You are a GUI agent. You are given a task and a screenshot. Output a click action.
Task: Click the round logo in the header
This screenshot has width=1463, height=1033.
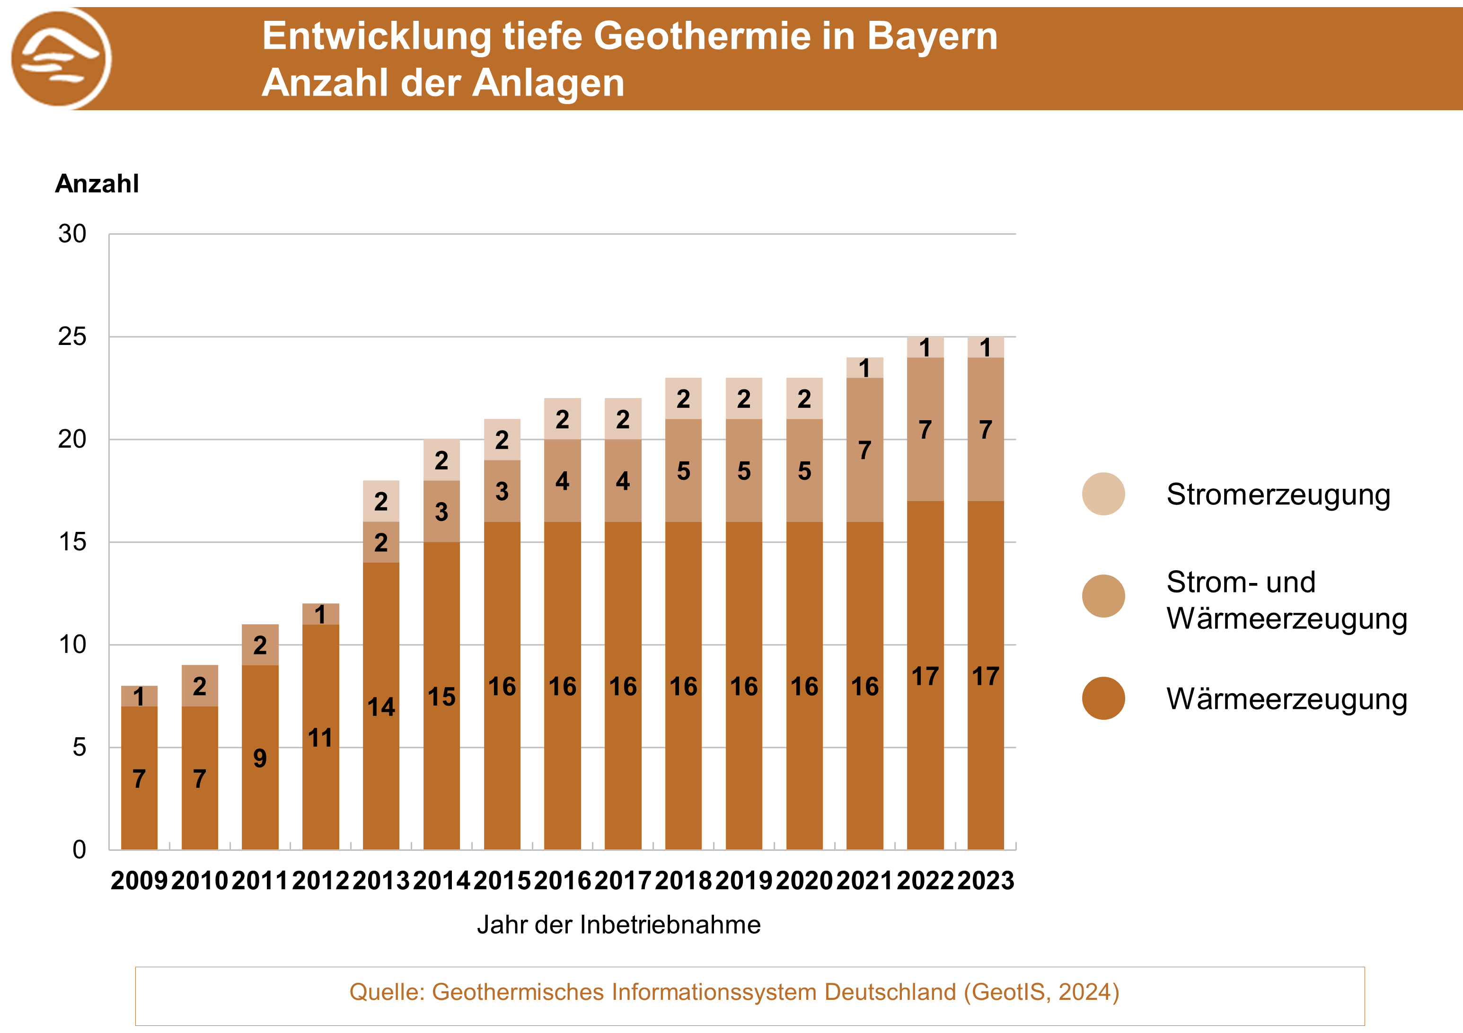click(61, 59)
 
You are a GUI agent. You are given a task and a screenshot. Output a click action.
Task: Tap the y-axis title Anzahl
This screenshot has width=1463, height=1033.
click(97, 184)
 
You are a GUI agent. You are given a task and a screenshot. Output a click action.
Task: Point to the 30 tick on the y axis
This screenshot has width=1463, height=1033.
click(72, 234)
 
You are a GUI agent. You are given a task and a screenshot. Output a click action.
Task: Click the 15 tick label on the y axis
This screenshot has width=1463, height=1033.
click(72, 542)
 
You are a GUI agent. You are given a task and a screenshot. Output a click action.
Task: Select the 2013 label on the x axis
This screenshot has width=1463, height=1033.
click(381, 880)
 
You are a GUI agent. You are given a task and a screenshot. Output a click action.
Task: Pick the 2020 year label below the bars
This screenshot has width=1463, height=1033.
click(804, 880)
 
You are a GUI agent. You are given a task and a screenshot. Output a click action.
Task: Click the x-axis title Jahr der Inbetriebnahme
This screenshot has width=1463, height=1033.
click(619, 925)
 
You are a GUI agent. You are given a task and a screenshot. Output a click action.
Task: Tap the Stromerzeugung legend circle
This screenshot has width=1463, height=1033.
click(1103, 494)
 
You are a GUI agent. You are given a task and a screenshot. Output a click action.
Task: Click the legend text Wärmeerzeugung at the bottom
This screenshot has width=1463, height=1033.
click(1287, 699)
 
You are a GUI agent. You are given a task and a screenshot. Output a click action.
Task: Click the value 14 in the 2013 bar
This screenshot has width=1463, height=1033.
click(381, 706)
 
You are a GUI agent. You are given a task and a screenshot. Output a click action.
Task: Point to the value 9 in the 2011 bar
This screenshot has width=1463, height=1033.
click(260, 758)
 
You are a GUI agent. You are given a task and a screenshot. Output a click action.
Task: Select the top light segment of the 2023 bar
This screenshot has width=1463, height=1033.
click(986, 347)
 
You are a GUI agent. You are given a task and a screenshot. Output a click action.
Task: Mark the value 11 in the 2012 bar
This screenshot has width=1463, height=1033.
click(320, 738)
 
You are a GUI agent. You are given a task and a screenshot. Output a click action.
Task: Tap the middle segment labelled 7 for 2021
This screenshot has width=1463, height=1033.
click(864, 450)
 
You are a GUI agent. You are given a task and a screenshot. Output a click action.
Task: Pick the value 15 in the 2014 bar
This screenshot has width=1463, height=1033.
click(441, 697)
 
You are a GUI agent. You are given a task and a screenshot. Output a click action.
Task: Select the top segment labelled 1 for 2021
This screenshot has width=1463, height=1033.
click(864, 368)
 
